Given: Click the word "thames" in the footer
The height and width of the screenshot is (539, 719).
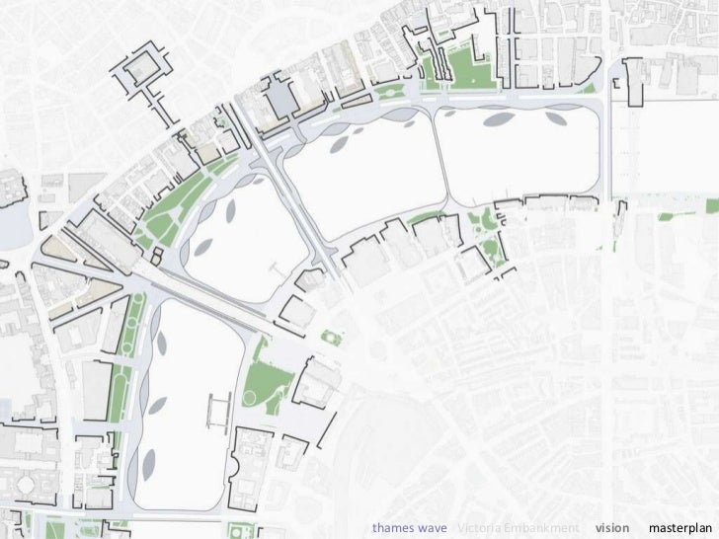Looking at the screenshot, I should click(393, 527).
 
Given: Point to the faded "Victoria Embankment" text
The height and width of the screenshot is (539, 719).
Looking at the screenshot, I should click(518, 527).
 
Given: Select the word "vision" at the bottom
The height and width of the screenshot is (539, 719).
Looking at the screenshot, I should click(612, 527).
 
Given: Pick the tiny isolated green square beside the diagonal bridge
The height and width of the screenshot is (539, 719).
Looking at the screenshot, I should click(332, 339).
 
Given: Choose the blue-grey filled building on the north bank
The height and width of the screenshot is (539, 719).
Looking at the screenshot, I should click(282, 96).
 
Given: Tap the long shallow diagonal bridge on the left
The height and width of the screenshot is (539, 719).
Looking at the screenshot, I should click(198, 296).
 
